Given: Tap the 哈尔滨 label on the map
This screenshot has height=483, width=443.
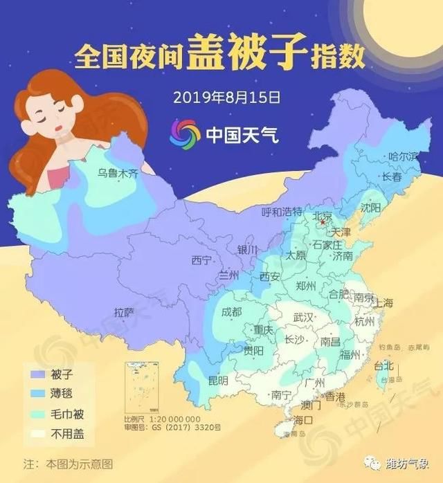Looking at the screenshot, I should pyautogui.click(x=404, y=156).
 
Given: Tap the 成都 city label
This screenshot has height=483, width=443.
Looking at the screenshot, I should pyautogui.click(x=232, y=311).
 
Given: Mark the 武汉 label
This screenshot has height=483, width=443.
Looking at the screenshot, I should pyautogui.click(x=305, y=317).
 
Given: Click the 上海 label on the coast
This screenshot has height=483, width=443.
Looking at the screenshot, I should pyautogui.click(x=383, y=303).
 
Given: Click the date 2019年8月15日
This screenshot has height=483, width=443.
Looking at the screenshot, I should pyautogui.click(x=222, y=95).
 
